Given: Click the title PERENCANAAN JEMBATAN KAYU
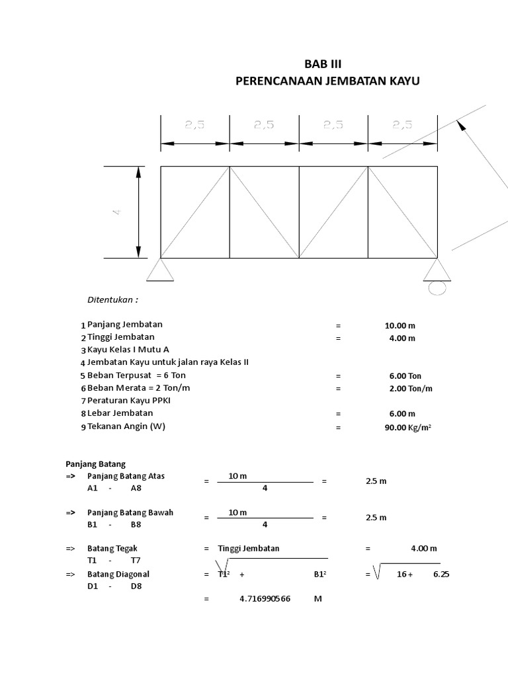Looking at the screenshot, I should coord(327,81).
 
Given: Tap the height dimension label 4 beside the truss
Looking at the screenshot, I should coord(118,212).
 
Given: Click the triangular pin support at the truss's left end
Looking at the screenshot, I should coord(160,270).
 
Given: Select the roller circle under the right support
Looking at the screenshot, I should coord(437,288).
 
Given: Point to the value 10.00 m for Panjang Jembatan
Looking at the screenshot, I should coord(400,325).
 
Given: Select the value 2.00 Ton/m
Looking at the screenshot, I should coord(410,388).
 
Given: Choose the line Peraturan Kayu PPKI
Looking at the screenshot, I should coord(130,401).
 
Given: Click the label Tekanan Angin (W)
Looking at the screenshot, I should coord(126,426).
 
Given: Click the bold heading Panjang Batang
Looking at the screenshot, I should coord(95,464).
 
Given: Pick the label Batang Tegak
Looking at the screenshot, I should coord(112,548).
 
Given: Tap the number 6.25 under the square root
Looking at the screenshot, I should coord(441,574).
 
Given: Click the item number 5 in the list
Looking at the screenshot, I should coord(83,376).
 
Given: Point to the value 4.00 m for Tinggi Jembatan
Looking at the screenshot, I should coord(402,338).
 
